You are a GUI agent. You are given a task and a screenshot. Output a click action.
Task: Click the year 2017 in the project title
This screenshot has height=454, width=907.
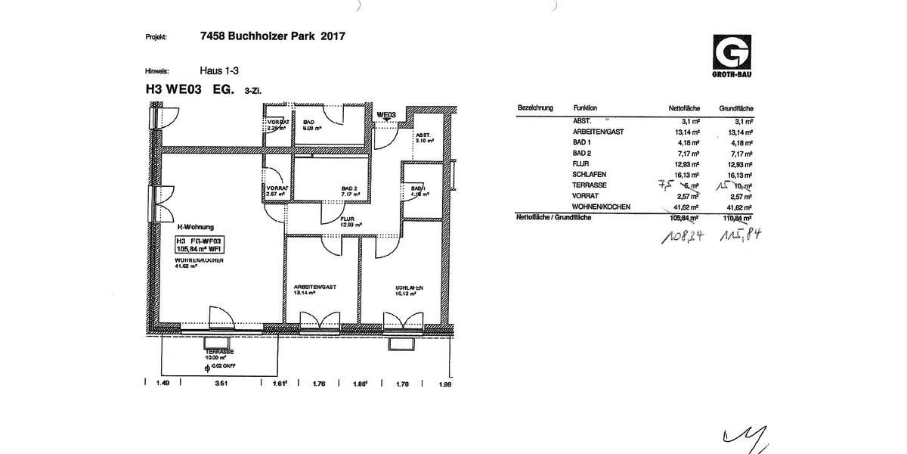pyautogui.click(x=333, y=36)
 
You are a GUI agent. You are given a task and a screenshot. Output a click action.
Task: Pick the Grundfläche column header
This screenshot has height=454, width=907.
pyautogui.click(x=736, y=108)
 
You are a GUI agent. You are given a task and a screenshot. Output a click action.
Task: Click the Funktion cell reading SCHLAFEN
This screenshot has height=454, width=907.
pyautogui.click(x=590, y=174)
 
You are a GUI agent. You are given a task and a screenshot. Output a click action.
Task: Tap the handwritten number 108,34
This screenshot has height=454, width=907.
pyautogui.click(x=684, y=235)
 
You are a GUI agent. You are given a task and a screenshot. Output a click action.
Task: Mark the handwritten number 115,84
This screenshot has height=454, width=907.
pyautogui.click(x=740, y=234)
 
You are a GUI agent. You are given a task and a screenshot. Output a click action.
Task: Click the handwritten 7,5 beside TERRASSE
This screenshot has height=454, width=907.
pyautogui.click(x=665, y=184)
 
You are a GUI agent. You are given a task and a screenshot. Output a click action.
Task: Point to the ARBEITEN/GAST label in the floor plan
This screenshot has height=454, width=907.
pyautogui.click(x=314, y=288)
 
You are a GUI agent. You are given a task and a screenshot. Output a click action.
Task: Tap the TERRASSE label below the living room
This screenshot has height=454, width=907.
pyautogui.click(x=219, y=353)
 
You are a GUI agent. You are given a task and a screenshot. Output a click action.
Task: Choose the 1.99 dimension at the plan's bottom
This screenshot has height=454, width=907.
pyautogui.click(x=444, y=384)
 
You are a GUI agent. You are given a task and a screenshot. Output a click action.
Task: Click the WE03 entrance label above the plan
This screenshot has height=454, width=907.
pyautogui.click(x=386, y=115)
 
